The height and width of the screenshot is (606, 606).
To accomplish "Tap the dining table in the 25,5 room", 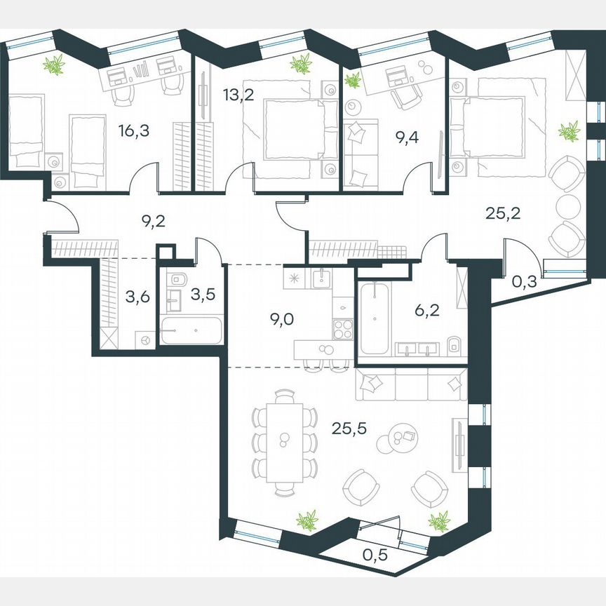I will click(283, 441).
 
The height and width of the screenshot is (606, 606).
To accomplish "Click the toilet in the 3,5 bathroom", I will click(176, 278).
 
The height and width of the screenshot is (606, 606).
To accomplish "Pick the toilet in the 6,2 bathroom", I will click(454, 344).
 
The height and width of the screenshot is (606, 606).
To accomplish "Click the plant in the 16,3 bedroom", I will click(54, 66).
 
